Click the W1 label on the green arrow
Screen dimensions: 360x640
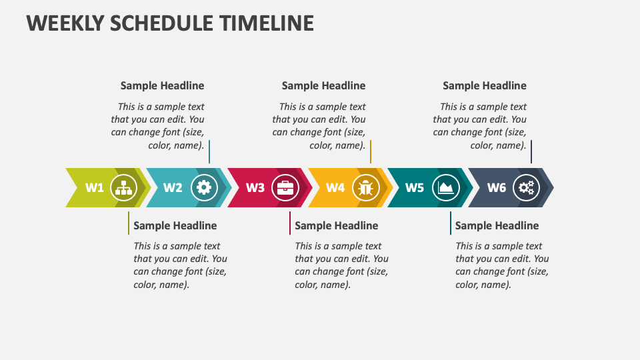(x=95, y=187)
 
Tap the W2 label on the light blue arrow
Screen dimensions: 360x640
(x=173, y=187)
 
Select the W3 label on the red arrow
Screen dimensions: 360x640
(x=255, y=187)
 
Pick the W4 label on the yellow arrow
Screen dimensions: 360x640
(x=335, y=187)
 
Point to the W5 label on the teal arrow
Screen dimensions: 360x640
(x=415, y=187)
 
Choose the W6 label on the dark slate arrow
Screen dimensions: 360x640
(x=497, y=187)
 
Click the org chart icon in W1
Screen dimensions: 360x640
(x=123, y=188)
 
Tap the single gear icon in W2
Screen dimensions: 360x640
(x=204, y=188)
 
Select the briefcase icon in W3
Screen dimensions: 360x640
(x=286, y=188)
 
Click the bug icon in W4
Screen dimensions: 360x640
(x=365, y=188)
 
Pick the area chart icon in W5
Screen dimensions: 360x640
(x=445, y=188)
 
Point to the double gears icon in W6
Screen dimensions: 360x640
(x=527, y=188)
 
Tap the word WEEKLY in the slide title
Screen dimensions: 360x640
(x=65, y=23)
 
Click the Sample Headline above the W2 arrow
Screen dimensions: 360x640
(x=162, y=85)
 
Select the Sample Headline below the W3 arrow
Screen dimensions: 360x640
(x=336, y=225)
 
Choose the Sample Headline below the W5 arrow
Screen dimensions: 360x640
(x=497, y=225)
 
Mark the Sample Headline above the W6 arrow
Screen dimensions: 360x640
(x=485, y=85)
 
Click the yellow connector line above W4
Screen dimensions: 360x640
(x=371, y=151)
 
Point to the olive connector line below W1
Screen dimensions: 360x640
(x=129, y=223)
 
